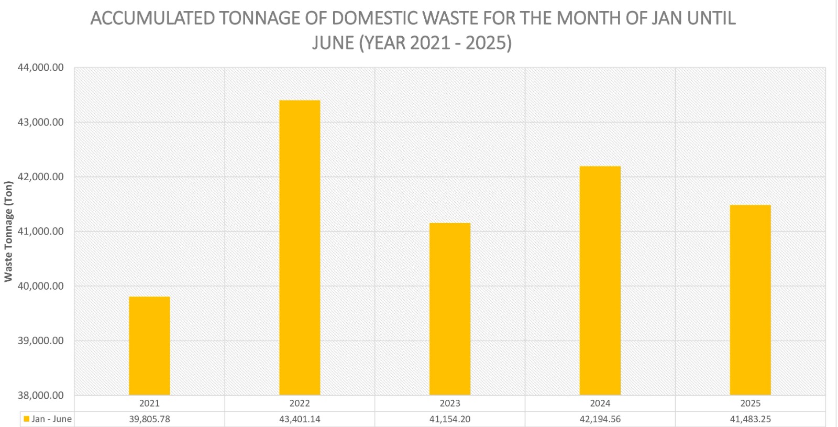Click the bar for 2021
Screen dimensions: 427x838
pyautogui.click(x=149, y=346)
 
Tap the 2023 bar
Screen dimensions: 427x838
pyautogui.click(x=450, y=309)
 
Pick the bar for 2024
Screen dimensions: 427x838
pyautogui.click(x=600, y=280)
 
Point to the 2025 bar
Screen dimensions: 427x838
pyautogui.click(x=750, y=300)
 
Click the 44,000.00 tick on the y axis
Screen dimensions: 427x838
pyautogui.click(x=41, y=68)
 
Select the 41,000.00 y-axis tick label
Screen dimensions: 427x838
pyautogui.click(x=41, y=232)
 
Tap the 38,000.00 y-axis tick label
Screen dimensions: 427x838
pyautogui.click(x=41, y=396)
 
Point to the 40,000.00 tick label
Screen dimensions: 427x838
pyautogui.click(x=41, y=286)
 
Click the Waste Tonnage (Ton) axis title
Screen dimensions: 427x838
pyautogui.click(x=8, y=231)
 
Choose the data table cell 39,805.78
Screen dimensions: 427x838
pyautogui.click(x=149, y=419)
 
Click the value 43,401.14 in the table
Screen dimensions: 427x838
pyautogui.click(x=300, y=419)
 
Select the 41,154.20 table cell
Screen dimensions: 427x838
pyautogui.click(x=450, y=419)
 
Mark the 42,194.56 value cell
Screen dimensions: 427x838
pyautogui.click(x=600, y=419)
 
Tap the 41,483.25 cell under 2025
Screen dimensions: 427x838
pyautogui.click(x=750, y=419)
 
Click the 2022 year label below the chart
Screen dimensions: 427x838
pyautogui.click(x=300, y=403)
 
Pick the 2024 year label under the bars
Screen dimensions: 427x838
pyautogui.click(x=600, y=403)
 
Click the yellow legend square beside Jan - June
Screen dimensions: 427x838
pyautogui.click(x=26, y=419)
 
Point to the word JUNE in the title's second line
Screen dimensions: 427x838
pyautogui.click(x=333, y=42)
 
